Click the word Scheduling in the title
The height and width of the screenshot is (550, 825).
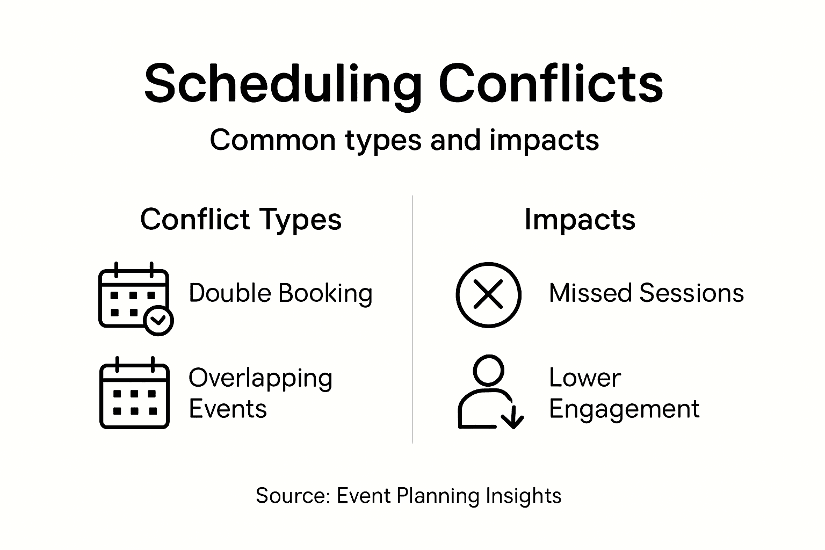click(x=283, y=85)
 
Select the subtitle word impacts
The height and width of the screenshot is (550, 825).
click(x=544, y=141)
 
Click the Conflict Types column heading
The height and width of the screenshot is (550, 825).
click(x=241, y=220)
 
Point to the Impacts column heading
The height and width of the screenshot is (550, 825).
click(x=580, y=220)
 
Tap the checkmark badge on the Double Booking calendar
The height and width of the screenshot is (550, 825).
click(x=158, y=321)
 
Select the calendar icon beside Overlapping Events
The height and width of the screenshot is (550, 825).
click(x=134, y=393)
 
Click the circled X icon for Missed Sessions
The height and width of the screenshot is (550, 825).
click(x=488, y=295)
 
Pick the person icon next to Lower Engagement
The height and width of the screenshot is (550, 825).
click(x=490, y=392)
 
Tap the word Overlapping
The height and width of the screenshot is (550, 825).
click(x=260, y=379)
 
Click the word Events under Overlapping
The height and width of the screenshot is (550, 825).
click(x=228, y=409)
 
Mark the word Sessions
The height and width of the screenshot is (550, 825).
click(x=691, y=293)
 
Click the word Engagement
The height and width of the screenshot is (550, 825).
click(x=624, y=410)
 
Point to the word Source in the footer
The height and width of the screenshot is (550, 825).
click(x=292, y=495)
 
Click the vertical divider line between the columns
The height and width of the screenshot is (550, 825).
click(x=412, y=319)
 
